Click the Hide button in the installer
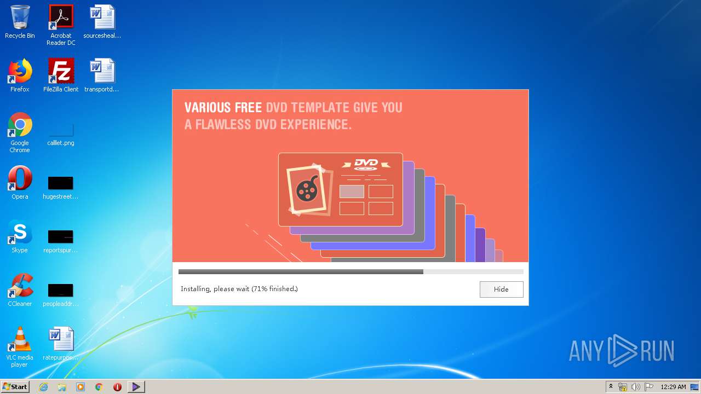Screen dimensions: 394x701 501,289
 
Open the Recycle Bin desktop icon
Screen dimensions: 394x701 20,18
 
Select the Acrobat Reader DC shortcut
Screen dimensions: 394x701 61,18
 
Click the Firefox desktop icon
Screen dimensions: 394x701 20,71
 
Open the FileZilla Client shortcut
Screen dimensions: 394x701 61,71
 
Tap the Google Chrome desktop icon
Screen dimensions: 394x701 20,125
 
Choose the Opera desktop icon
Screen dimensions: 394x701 20,178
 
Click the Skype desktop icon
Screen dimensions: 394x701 20,233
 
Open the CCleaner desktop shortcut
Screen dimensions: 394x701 20,286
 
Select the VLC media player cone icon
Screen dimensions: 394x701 20,340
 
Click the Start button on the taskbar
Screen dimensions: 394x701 15,387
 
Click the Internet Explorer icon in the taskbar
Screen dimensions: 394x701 44,387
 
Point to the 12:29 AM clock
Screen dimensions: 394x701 673,387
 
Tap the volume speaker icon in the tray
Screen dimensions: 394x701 635,387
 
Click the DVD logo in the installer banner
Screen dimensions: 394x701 366,164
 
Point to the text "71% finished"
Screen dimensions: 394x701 274,289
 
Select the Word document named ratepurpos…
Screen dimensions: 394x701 61,340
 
